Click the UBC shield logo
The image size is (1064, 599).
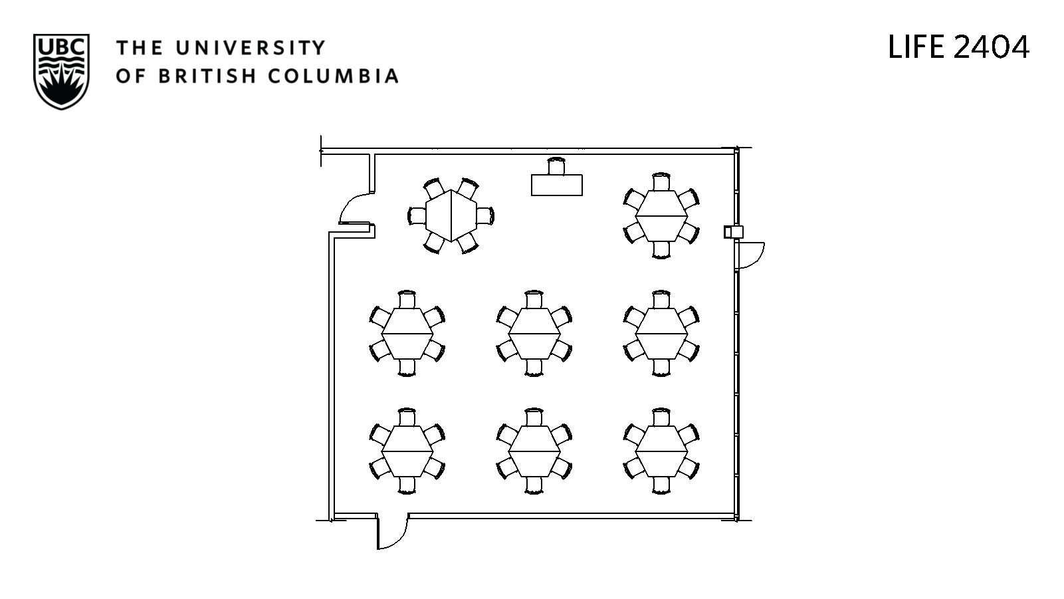61,71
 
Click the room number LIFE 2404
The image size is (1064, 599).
958,47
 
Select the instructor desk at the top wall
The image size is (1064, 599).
556,185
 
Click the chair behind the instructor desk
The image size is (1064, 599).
556,166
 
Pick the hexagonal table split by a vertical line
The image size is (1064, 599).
451,216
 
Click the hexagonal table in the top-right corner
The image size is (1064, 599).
661,216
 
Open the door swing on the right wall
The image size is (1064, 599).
751,255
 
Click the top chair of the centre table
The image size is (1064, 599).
534,299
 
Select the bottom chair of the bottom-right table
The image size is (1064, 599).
661,485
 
